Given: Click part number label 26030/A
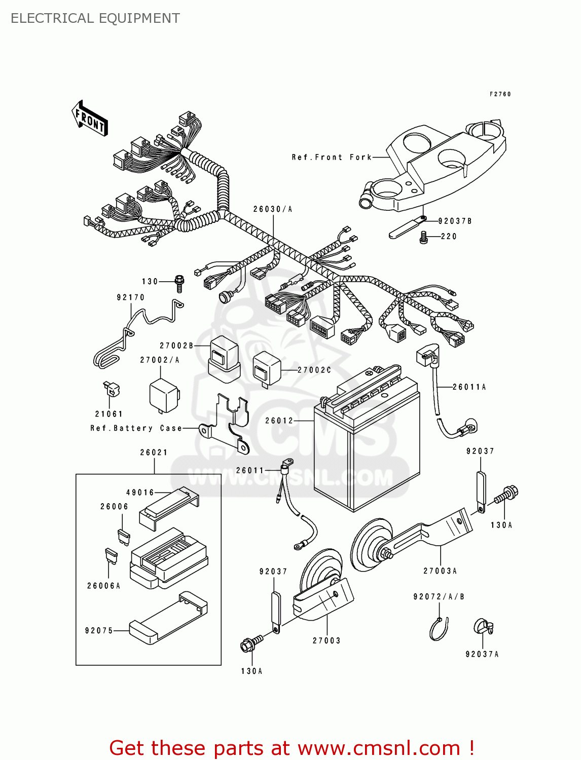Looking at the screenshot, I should click(273, 209).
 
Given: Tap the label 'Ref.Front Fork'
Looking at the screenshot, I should click(332, 158).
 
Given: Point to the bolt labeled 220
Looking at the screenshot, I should click(424, 237).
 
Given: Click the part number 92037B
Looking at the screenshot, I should click(455, 221).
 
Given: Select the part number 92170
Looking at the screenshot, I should click(131, 297).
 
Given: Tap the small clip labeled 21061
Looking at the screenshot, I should click(111, 389).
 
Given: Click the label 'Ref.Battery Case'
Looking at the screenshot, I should click(136, 428).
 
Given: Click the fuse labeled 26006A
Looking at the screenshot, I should click(112, 556).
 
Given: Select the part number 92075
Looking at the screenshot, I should click(99, 631).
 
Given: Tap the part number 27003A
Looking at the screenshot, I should click(440, 571).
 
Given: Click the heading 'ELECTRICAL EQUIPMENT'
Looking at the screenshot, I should click(95, 18).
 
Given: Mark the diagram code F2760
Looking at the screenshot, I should click(500, 94).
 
